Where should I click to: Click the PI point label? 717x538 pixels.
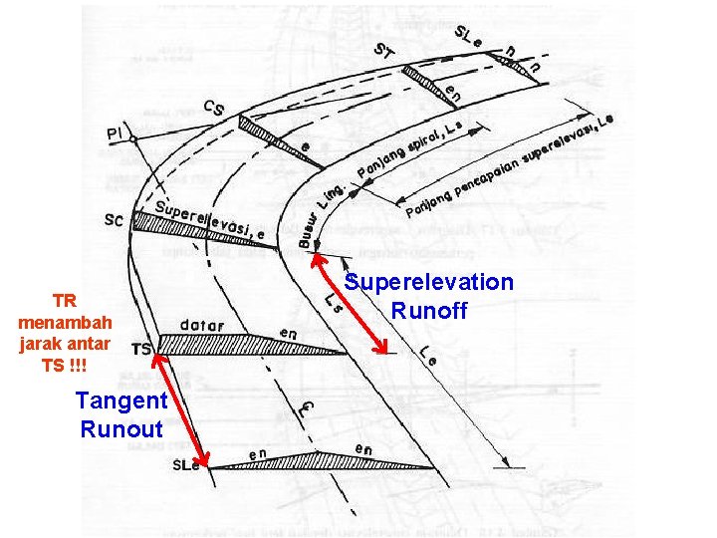pos(116,133)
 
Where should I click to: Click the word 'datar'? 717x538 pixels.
pos(203,325)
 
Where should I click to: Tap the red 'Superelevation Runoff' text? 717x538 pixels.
pos(429,297)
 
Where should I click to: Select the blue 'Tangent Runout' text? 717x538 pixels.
pos(121,415)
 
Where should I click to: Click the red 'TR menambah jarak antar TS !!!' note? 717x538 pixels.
pos(65,333)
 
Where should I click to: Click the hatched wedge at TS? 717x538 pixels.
pos(239,346)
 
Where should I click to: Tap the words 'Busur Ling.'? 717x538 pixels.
pos(322,213)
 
